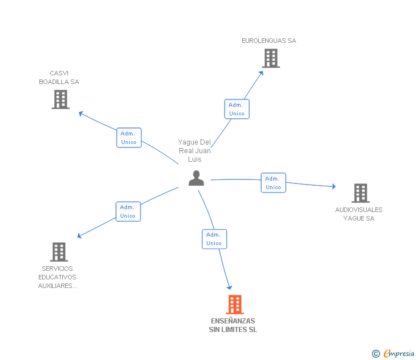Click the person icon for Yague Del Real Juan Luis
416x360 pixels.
coord(196,178)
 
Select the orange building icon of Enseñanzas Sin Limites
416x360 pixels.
coord(235,305)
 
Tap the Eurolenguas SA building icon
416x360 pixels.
coord(271,58)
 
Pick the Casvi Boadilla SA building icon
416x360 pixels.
coord(61,99)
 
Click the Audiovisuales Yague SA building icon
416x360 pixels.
coord(360,193)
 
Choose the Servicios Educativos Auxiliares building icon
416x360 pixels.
coord(58,252)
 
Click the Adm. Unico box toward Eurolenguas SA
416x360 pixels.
coord(237,109)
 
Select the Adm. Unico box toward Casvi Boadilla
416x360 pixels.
coord(129,138)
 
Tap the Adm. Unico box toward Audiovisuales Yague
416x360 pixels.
coord(273,183)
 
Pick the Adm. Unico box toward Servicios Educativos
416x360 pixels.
coord(127,211)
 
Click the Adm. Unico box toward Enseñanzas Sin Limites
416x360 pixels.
coord(214,239)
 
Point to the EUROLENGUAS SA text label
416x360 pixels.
coord(269,41)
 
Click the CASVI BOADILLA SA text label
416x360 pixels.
coord(59,78)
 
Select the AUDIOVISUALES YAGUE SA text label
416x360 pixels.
coord(359,214)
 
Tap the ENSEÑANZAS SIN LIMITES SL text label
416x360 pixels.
coord(233,325)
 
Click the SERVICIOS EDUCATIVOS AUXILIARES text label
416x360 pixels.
coord(58,277)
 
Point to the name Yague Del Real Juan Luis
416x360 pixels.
coord(194,151)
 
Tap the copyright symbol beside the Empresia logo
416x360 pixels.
coord(376,354)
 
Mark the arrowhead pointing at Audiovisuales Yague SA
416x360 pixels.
coord(334,186)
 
